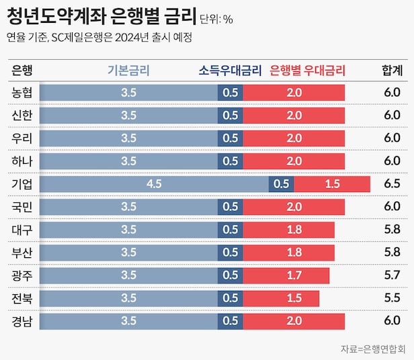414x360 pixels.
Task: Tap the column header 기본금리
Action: coord(128,70)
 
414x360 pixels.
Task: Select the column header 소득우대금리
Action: coord(229,70)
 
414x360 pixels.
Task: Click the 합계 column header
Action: coord(392,70)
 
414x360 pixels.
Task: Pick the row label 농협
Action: coord(22,93)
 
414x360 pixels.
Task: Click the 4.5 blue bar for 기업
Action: coord(154,184)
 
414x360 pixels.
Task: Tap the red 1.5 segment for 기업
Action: coord(332,184)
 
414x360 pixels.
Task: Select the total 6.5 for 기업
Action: coord(392,184)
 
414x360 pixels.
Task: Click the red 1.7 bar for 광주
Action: coord(286,275)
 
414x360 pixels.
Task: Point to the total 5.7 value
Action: coord(392,275)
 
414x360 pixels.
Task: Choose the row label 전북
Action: coord(22,298)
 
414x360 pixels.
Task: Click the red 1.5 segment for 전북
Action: coord(281,298)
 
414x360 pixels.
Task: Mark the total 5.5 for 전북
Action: coord(392,298)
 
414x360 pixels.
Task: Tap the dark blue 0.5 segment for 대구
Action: coord(230,230)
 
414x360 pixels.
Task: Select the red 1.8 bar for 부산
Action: coord(289,253)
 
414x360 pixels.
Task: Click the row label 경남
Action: coord(22,321)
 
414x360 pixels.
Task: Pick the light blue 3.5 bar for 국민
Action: coord(128,207)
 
